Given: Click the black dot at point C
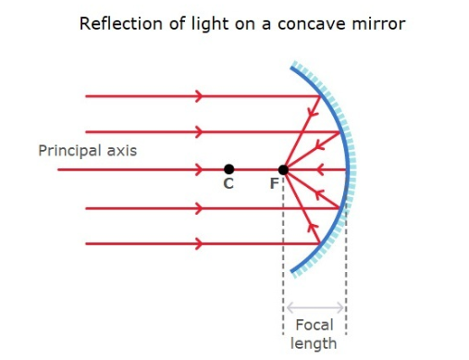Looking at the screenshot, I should tap(228, 169).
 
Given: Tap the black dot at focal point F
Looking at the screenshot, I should tap(283, 169).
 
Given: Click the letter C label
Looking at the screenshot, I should tap(228, 185).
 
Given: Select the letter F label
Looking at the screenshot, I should tap(273, 185).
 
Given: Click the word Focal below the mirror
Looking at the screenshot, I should tap(314, 326).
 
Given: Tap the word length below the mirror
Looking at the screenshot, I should tap(314, 343).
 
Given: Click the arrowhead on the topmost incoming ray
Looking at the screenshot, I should tap(198, 95).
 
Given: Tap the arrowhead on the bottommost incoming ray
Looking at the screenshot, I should tap(198, 244).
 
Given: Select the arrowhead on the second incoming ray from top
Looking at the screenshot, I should tap(198, 131).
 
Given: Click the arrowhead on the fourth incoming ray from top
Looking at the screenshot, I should tap(198, 208).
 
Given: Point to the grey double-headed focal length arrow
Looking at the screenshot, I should tap(315, 307).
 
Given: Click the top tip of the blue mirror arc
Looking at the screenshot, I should tap(292, 66).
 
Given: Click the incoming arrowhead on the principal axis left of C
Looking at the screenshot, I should tap(198, 169).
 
